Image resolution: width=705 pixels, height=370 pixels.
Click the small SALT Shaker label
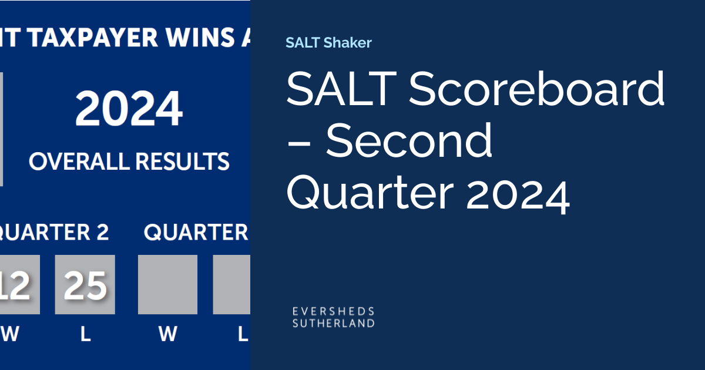pos(328,42)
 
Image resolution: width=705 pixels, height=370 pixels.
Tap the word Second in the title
pos(409,141)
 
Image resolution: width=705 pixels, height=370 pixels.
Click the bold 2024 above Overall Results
pos(129,109)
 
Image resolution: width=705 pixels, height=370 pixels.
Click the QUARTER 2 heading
pos(54,233)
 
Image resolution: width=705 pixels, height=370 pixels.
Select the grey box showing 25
pos(85,285)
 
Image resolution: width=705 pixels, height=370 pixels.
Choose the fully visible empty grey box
pos(167,285)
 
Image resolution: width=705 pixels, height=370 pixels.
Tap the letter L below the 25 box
pos(86,334)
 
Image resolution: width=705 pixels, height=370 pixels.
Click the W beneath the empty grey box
pos(168,334)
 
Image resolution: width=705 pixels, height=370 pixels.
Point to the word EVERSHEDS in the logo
pos(333,311)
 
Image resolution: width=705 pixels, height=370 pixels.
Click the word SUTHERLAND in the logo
pos(333,322)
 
